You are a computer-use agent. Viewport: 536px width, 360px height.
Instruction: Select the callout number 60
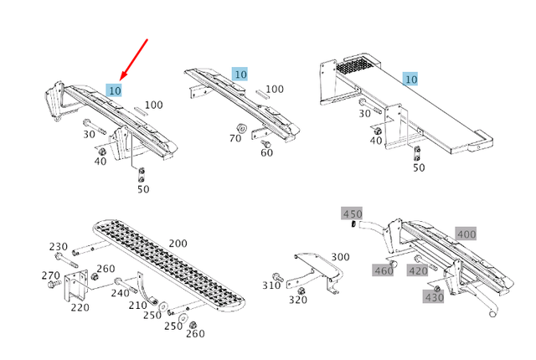coord(266,153)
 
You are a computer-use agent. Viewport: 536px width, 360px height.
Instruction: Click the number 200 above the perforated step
coord(178,243)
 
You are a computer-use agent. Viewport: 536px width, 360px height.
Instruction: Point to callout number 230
coord(58,247)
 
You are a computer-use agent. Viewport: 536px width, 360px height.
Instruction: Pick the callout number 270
coord(50,275)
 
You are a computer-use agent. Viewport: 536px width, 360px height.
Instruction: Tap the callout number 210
coord(137,306)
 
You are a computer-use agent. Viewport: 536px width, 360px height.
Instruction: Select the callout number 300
coord(340,257)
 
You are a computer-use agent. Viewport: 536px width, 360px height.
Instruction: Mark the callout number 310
coord(271,285)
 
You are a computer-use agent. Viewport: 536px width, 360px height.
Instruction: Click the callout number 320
coord(297,300)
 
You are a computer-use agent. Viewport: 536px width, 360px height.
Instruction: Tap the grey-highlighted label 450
coord(353,213)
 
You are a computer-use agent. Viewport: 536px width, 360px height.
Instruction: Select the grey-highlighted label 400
coord(466,234)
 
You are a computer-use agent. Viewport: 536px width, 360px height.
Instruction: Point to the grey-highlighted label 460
coord(384,270)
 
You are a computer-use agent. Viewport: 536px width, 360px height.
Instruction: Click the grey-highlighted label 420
coord(418,270)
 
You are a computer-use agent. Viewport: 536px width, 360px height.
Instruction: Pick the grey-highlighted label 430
coord(434,298)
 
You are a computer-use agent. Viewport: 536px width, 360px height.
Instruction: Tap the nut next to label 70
coord(238,128)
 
